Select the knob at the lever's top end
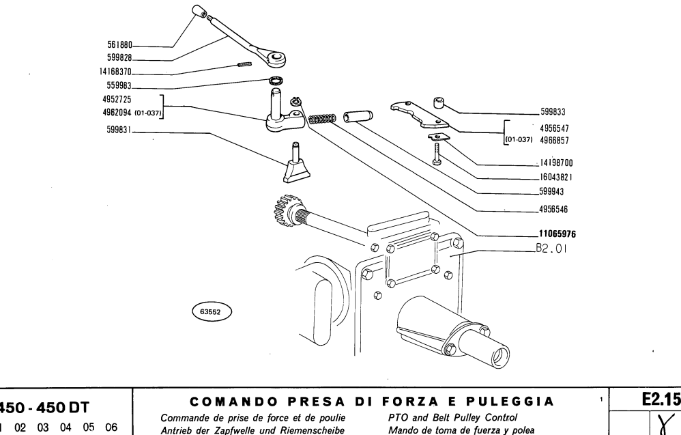[x=199, y=12]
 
